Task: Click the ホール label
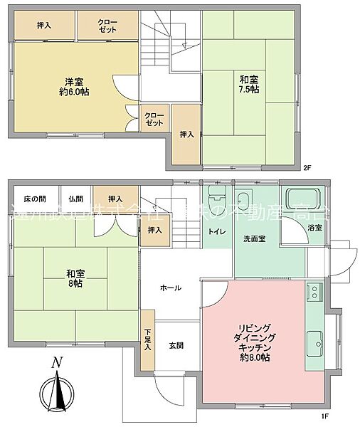tap(170, 288)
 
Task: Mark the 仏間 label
tap(76, 199)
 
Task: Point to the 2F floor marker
tap(307, 168)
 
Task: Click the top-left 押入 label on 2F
tap(44, 26)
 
